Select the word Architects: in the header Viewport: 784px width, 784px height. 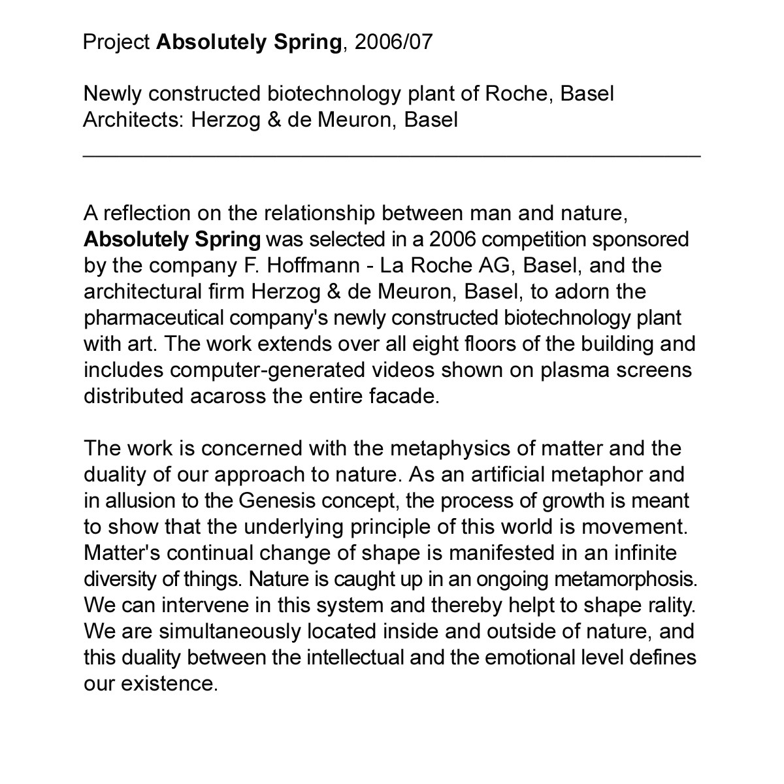click(x=134, y=121)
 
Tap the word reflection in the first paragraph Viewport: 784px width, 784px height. click(x=151, y=214)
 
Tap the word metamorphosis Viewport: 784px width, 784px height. click(x=626, y=580)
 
